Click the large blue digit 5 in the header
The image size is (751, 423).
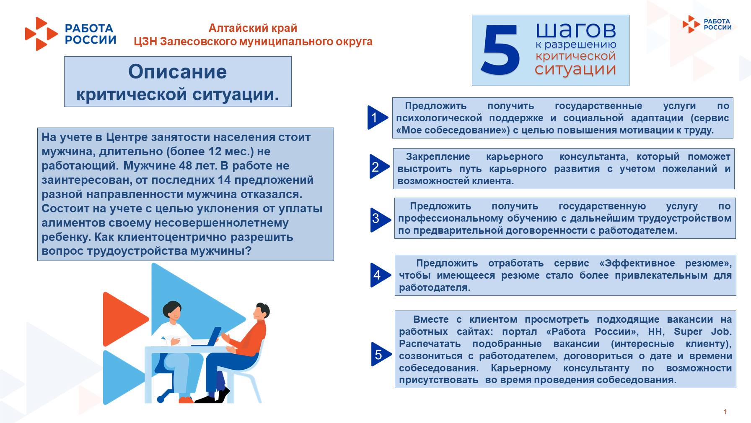tap(500, 50)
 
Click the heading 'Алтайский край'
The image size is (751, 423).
tap(253, 28)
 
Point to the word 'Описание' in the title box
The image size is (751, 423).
tap(177, 71)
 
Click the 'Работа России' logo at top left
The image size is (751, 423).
tap(70, 34)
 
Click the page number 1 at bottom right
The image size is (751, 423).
tap(725, 412)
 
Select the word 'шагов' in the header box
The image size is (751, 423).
tap(576, 30)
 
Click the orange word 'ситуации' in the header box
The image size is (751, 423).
tap(575, 69)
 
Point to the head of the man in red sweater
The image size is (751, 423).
tap(261, 311)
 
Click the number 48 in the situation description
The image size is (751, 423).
tap(186, 166)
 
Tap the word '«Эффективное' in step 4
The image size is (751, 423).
tap(637, 263)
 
